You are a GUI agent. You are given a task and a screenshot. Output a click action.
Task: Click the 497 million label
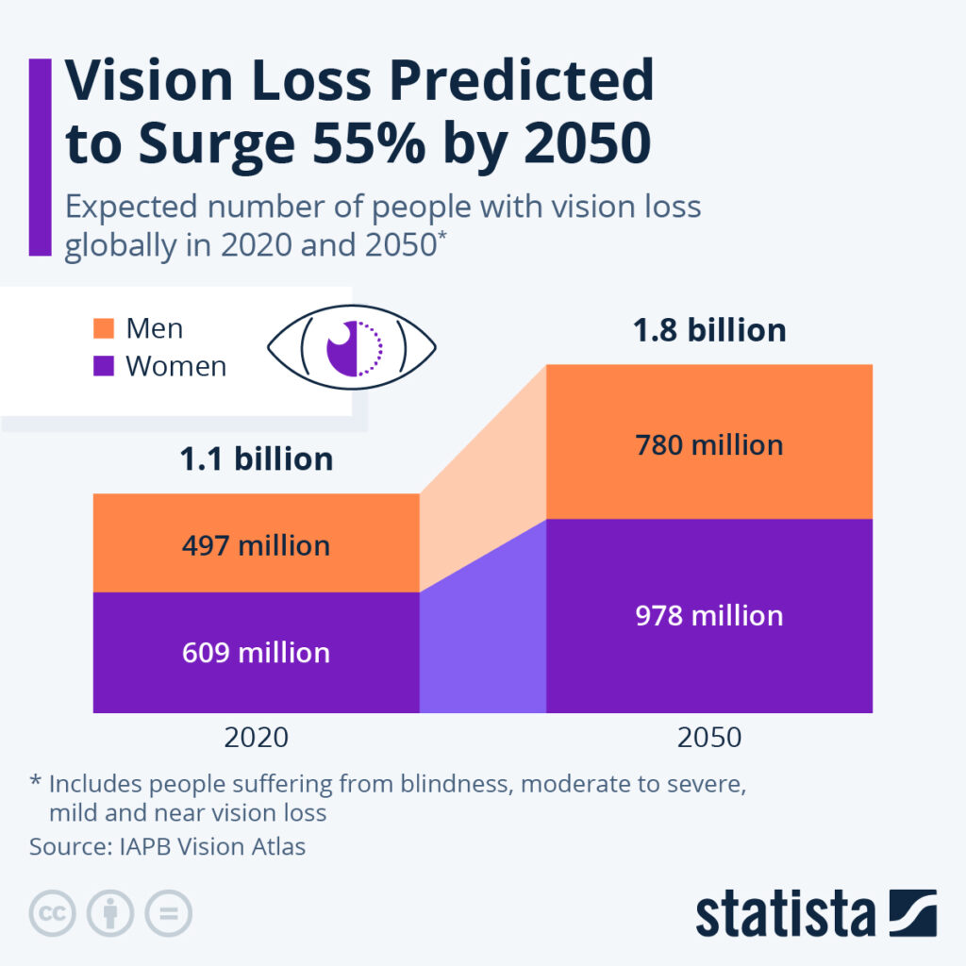click(256, 545)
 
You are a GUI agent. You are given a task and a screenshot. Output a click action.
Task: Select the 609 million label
click(256, 653)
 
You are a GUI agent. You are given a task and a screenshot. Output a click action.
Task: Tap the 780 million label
click(708, 444)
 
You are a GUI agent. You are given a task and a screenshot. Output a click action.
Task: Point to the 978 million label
click(708, 616)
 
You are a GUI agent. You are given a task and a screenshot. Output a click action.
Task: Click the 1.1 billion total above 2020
click(256, 459)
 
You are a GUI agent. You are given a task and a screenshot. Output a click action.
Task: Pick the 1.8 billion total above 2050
click(708, 331)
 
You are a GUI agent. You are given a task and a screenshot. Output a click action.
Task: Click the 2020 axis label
click(256, 737)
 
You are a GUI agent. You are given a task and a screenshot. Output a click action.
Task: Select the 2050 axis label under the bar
click(708, 737)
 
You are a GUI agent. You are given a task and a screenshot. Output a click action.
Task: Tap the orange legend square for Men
click(104, 328)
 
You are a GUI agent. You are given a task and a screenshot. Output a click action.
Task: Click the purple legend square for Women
click(104, 366)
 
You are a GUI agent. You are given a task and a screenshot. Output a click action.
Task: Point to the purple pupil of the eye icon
click(341, 348)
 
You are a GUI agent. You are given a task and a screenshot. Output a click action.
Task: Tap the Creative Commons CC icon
click(53, 913)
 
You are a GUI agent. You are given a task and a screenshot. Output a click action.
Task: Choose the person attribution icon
click(110, 913)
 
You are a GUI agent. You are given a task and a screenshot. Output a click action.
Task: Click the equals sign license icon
click(168, 913)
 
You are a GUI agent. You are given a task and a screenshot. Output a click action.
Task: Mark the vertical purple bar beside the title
click(40, 157)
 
